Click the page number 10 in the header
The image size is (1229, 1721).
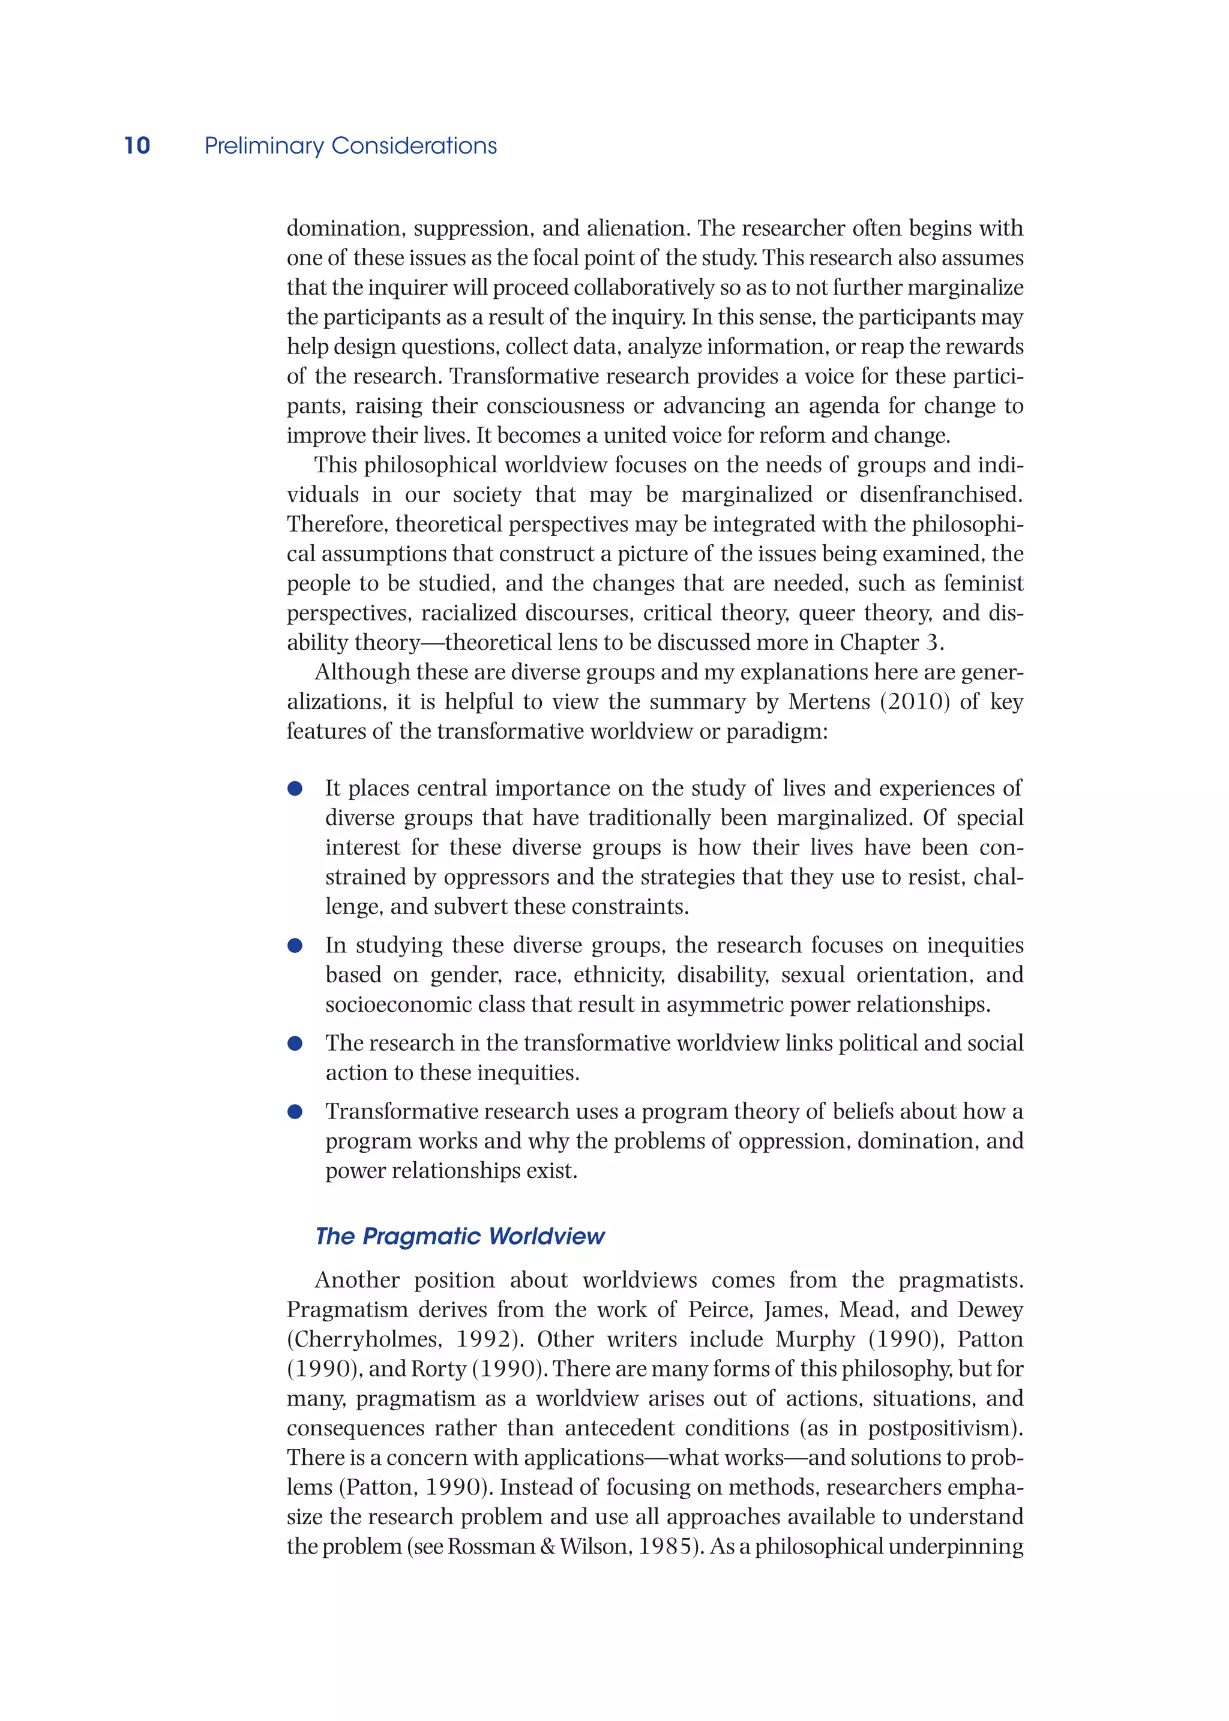137,145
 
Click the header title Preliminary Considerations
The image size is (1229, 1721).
350,145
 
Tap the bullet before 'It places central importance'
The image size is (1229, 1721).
295,788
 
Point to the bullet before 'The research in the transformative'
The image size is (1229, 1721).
295,1043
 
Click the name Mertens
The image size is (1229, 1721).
829,701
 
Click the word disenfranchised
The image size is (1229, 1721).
940,494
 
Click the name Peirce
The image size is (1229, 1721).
719,1309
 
